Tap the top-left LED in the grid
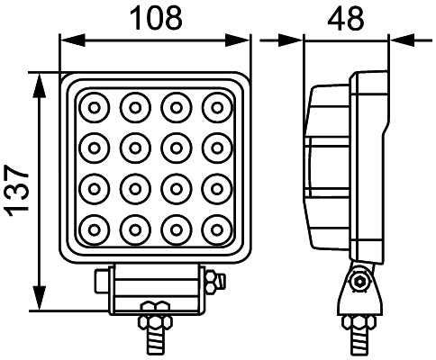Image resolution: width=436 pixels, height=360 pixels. point(94,109)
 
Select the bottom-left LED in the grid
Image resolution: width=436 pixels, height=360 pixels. point(94,229)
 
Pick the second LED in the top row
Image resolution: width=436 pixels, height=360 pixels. point(134,109)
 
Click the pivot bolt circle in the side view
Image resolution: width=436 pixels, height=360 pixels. point(362,283)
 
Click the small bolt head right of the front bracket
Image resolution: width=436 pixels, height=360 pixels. point(213,283)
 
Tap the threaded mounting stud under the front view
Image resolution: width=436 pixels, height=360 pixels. point(152,343)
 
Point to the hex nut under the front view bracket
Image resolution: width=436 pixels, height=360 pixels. point(152,321)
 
